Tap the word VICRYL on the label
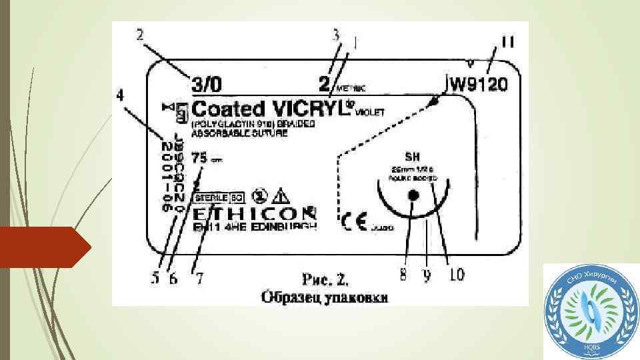point(308,109)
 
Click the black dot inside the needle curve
point(413,195)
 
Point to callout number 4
point(120,96)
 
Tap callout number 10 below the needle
point(456,274)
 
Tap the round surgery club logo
point(589,311)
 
